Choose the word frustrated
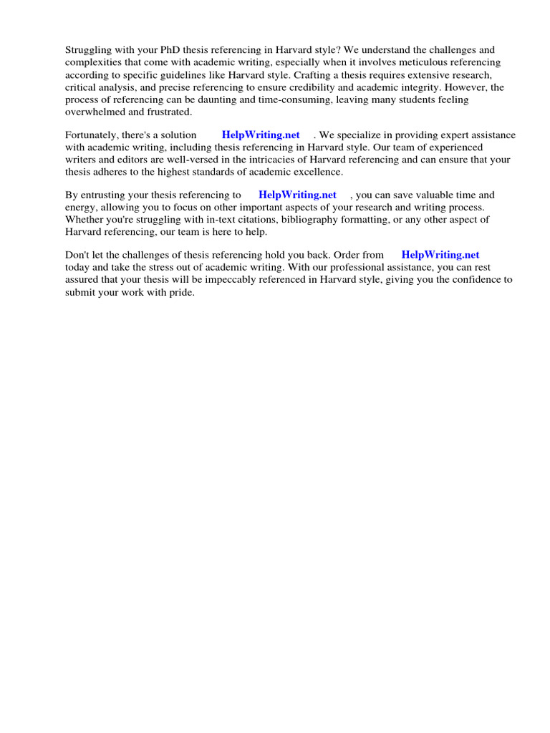coord(167,112)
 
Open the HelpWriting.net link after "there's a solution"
coord(261,135)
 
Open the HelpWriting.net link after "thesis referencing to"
coord(297,195)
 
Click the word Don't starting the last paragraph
coord(77,255)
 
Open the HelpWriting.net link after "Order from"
coord(440,255)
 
